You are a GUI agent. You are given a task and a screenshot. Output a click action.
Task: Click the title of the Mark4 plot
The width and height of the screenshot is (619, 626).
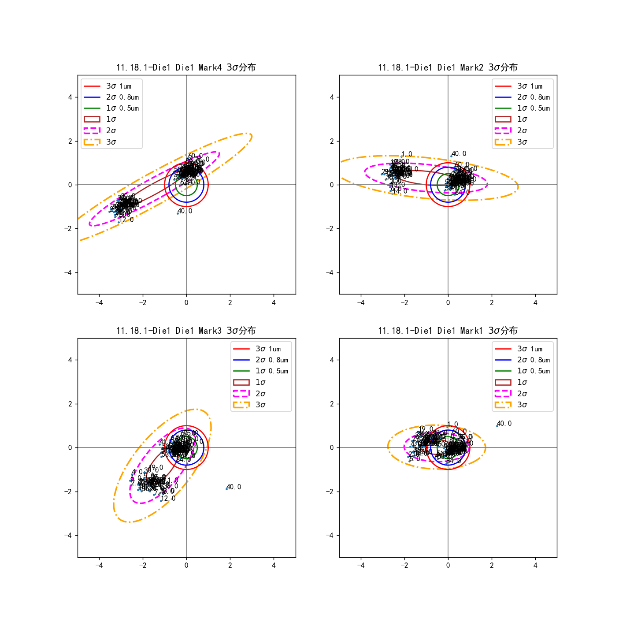(186, 67)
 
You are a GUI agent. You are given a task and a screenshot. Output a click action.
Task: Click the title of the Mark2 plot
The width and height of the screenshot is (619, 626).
(448, 67)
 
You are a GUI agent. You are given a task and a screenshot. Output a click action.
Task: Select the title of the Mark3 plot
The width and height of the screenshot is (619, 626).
(186, 331)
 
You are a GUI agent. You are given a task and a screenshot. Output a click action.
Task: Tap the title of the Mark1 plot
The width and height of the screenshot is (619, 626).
(448, 331)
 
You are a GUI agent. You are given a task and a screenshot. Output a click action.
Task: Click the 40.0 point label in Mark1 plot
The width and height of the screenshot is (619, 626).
(504, 424)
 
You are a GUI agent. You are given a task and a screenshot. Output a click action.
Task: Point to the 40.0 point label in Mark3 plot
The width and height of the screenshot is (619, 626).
(234, 487)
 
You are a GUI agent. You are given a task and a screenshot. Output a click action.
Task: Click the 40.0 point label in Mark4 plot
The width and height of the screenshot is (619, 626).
(185, 211)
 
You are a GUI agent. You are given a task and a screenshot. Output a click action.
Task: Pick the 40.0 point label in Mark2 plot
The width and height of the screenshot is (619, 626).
(459, 154)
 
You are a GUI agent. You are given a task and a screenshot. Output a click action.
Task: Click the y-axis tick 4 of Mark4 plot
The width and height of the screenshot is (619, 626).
(70, 97)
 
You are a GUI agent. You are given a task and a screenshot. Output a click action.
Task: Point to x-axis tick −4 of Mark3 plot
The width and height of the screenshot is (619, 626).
(99, 565)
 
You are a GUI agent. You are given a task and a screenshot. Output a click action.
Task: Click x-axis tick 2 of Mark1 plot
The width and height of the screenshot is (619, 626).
(492, 565)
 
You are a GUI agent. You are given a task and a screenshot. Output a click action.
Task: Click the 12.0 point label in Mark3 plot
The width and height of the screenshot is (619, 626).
(168, 499)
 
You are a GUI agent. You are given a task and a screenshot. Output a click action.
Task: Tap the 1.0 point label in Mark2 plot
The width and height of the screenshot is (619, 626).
(407, 155)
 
